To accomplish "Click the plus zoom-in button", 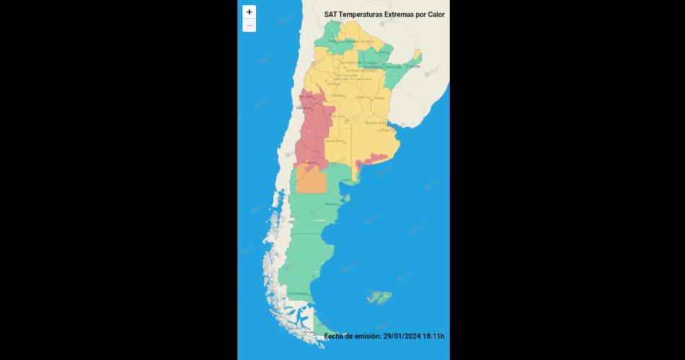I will pos(249,12).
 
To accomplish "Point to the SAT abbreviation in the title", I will pos(330,14).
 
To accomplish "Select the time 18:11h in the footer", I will pos(433,335).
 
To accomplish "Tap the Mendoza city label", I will pos(304,108).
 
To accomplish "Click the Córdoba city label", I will pos(337,95).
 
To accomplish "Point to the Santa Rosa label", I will pos(334,141).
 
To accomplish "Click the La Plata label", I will pos(386,131).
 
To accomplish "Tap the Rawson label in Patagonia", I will pos(332,204).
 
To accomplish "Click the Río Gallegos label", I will pos(299,294).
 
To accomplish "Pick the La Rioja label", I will pos(332,84).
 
